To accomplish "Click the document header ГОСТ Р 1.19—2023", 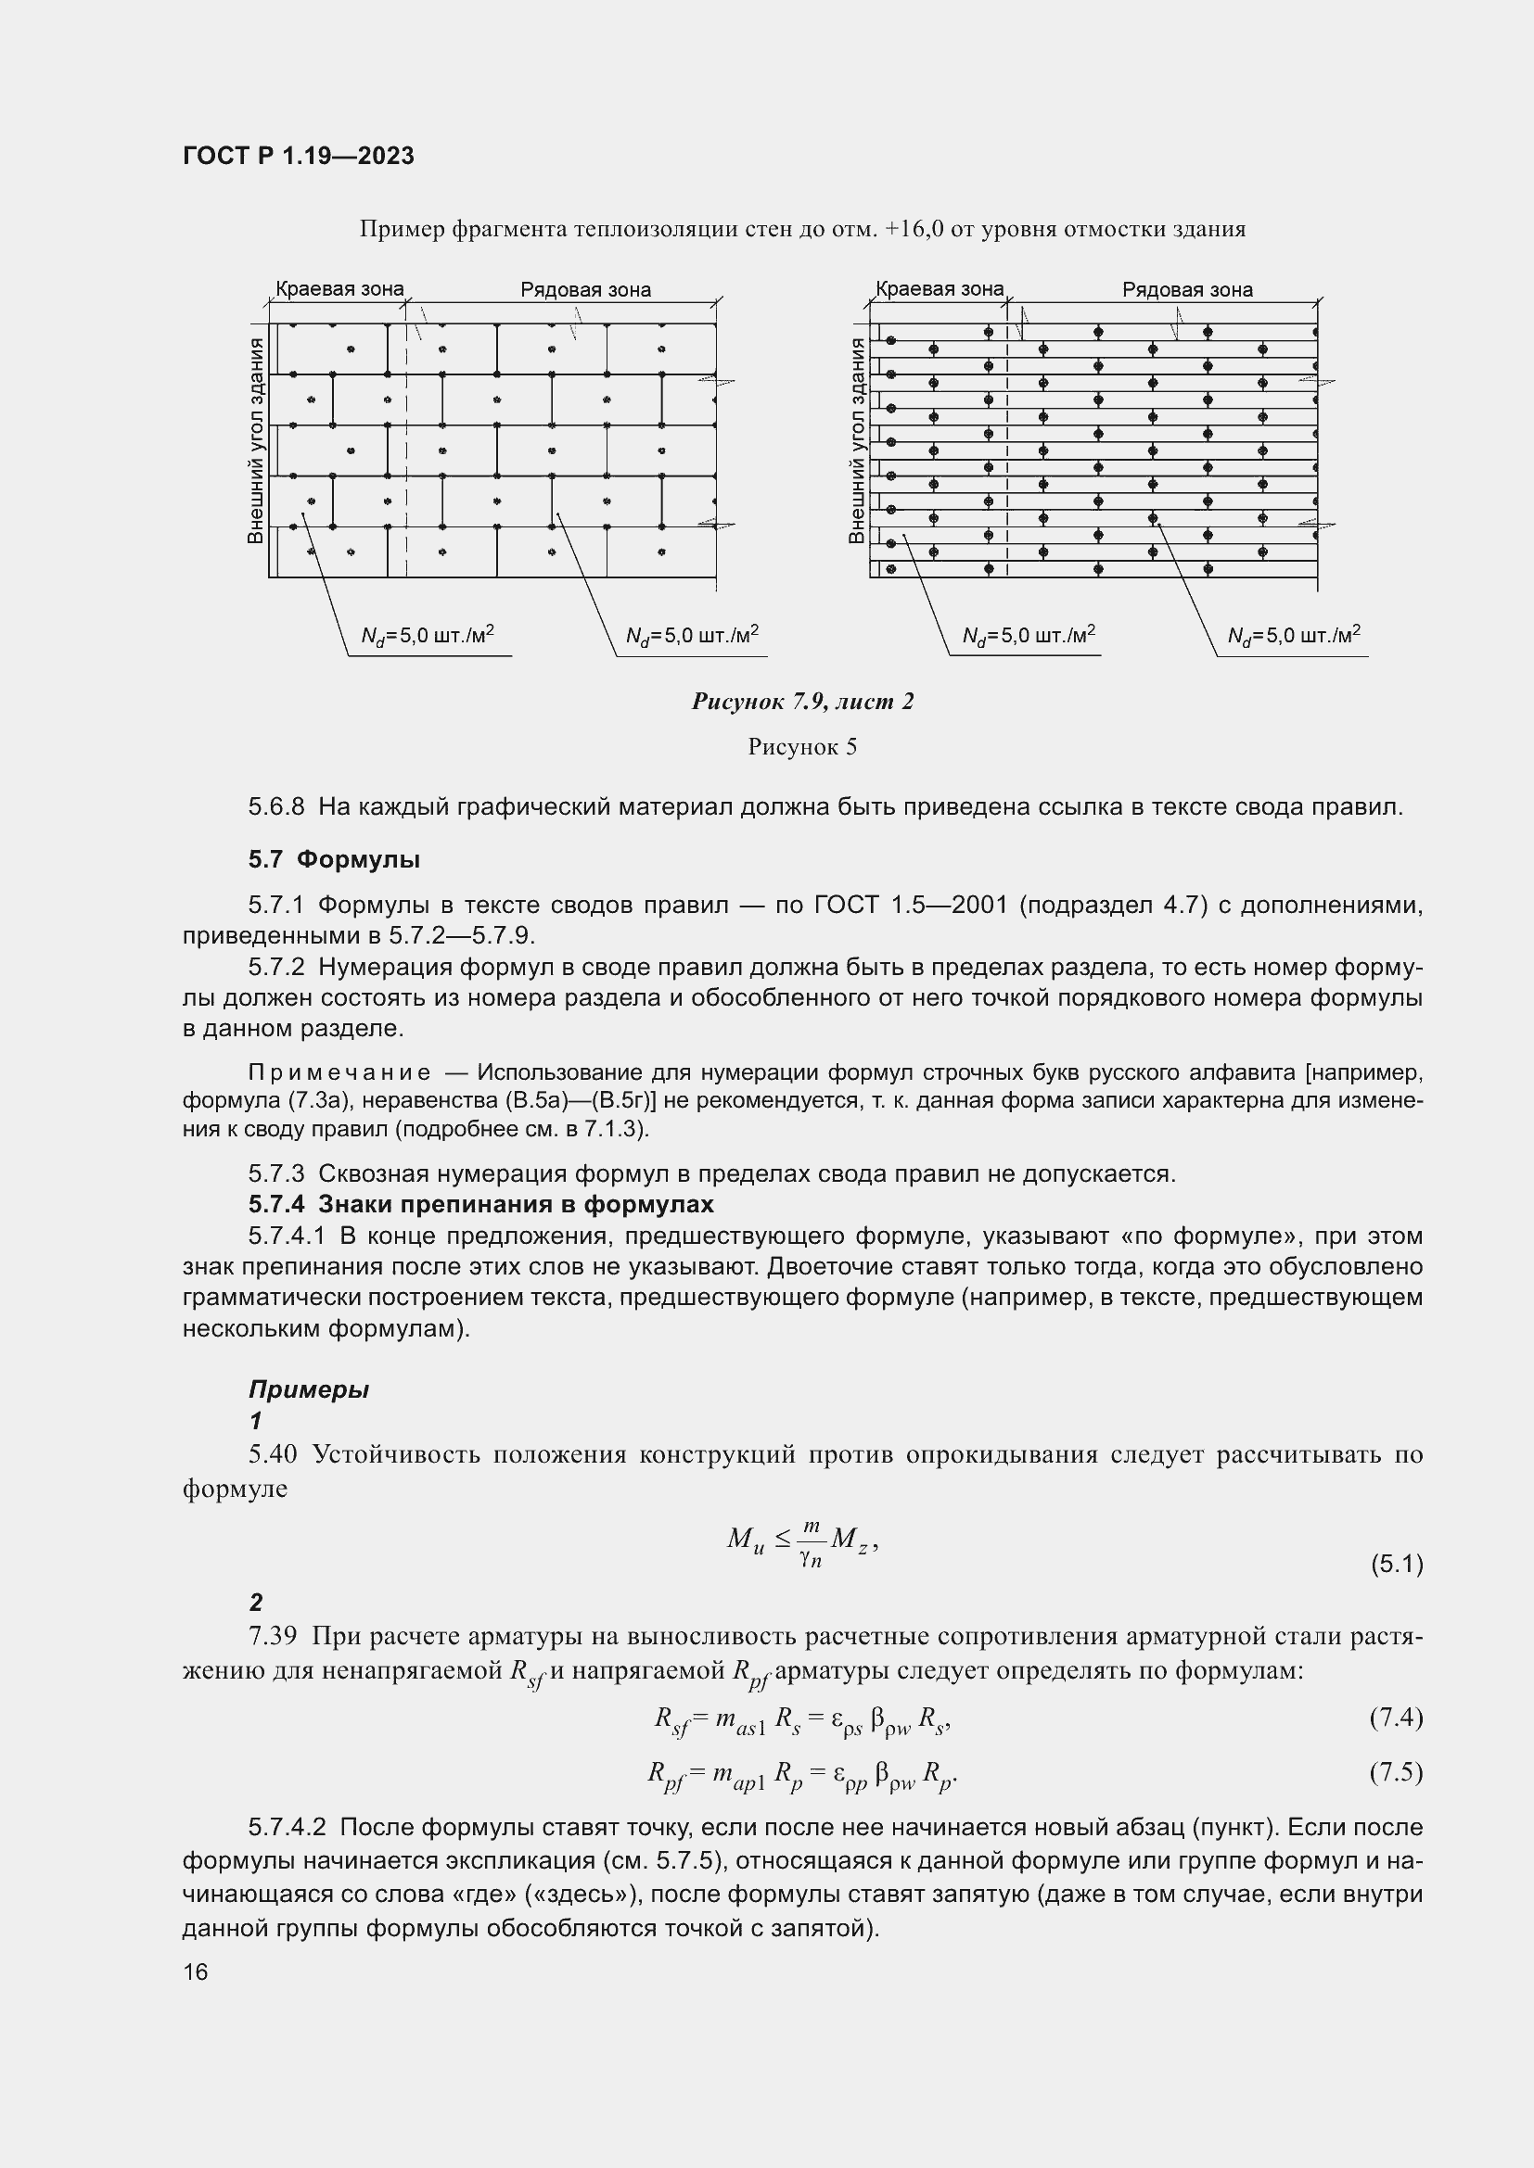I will pyautogui.click(x=299, y=156).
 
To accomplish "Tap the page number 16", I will pyautogui.click(x=196, y=1971).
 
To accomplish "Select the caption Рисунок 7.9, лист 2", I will pyautogui.click(x=802, y=701).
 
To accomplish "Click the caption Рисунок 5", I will pyautogui.click(x=802, y=747).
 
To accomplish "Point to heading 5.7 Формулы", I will pyautogui.click(x=335, y=859).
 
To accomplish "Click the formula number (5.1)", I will pyautogui.click(x=1396, y=1564).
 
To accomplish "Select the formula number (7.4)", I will pyautogui.click(x=1396, y=1717).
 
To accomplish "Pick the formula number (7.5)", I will pyautogui.click(x=1396, y=1772).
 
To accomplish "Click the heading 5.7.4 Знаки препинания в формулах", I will pyautogui.click(x=480, y=1204).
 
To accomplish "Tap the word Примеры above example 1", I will pyautogui.click(x=308, y=1389).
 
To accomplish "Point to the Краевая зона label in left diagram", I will pyautogui.click(x=339, y=289).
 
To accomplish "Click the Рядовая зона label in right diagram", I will pyautogui.click(x=1186, y=290).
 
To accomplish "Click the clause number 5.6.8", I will pyautogui.click(x=276, y=807).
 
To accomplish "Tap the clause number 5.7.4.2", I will pyautogui.click(x=288, y=1828).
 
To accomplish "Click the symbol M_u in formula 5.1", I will pyautogui.click(x=745, y=1541).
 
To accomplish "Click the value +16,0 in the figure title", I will pyautogui.click(x=914, y=229).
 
